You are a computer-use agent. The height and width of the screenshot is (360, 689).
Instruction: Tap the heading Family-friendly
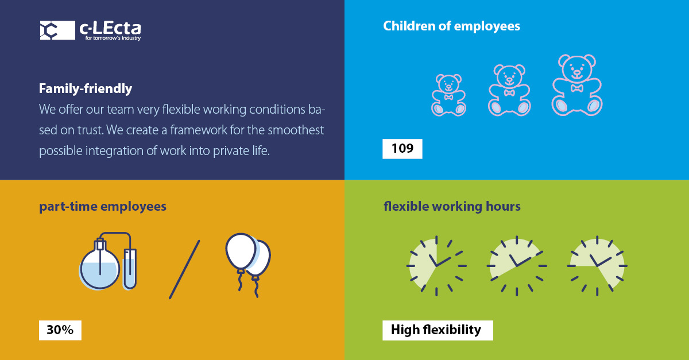(x=86, y=89)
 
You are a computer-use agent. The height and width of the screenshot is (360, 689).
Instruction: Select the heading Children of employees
(x=451, y=26)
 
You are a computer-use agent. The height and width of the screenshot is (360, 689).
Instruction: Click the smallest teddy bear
(x=448, y=95)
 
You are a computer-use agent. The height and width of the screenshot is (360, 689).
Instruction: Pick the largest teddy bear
(x=576, y=84)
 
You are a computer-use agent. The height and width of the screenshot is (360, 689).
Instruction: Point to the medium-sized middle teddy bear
(x=509, y=90)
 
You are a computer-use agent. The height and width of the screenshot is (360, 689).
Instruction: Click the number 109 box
(x=402, y=149)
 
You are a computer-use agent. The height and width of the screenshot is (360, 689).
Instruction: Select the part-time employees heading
(x=103, y=206)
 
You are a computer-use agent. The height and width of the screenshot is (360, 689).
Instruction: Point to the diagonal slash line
(x=184, y=269)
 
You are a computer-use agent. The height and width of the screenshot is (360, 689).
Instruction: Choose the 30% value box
(x=60, y=330)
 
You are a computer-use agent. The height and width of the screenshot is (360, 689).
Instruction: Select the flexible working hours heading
(x=452, y=206)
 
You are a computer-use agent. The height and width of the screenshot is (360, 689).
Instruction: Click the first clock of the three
(x=436, y=266)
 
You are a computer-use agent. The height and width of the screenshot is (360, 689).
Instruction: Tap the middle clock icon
(x=517, y=266)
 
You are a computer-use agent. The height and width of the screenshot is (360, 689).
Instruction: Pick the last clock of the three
(x=597, y=266)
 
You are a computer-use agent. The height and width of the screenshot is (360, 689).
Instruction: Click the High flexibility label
(x=436, y=330)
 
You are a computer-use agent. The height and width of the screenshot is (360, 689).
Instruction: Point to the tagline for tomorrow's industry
(x=112, y=38)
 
